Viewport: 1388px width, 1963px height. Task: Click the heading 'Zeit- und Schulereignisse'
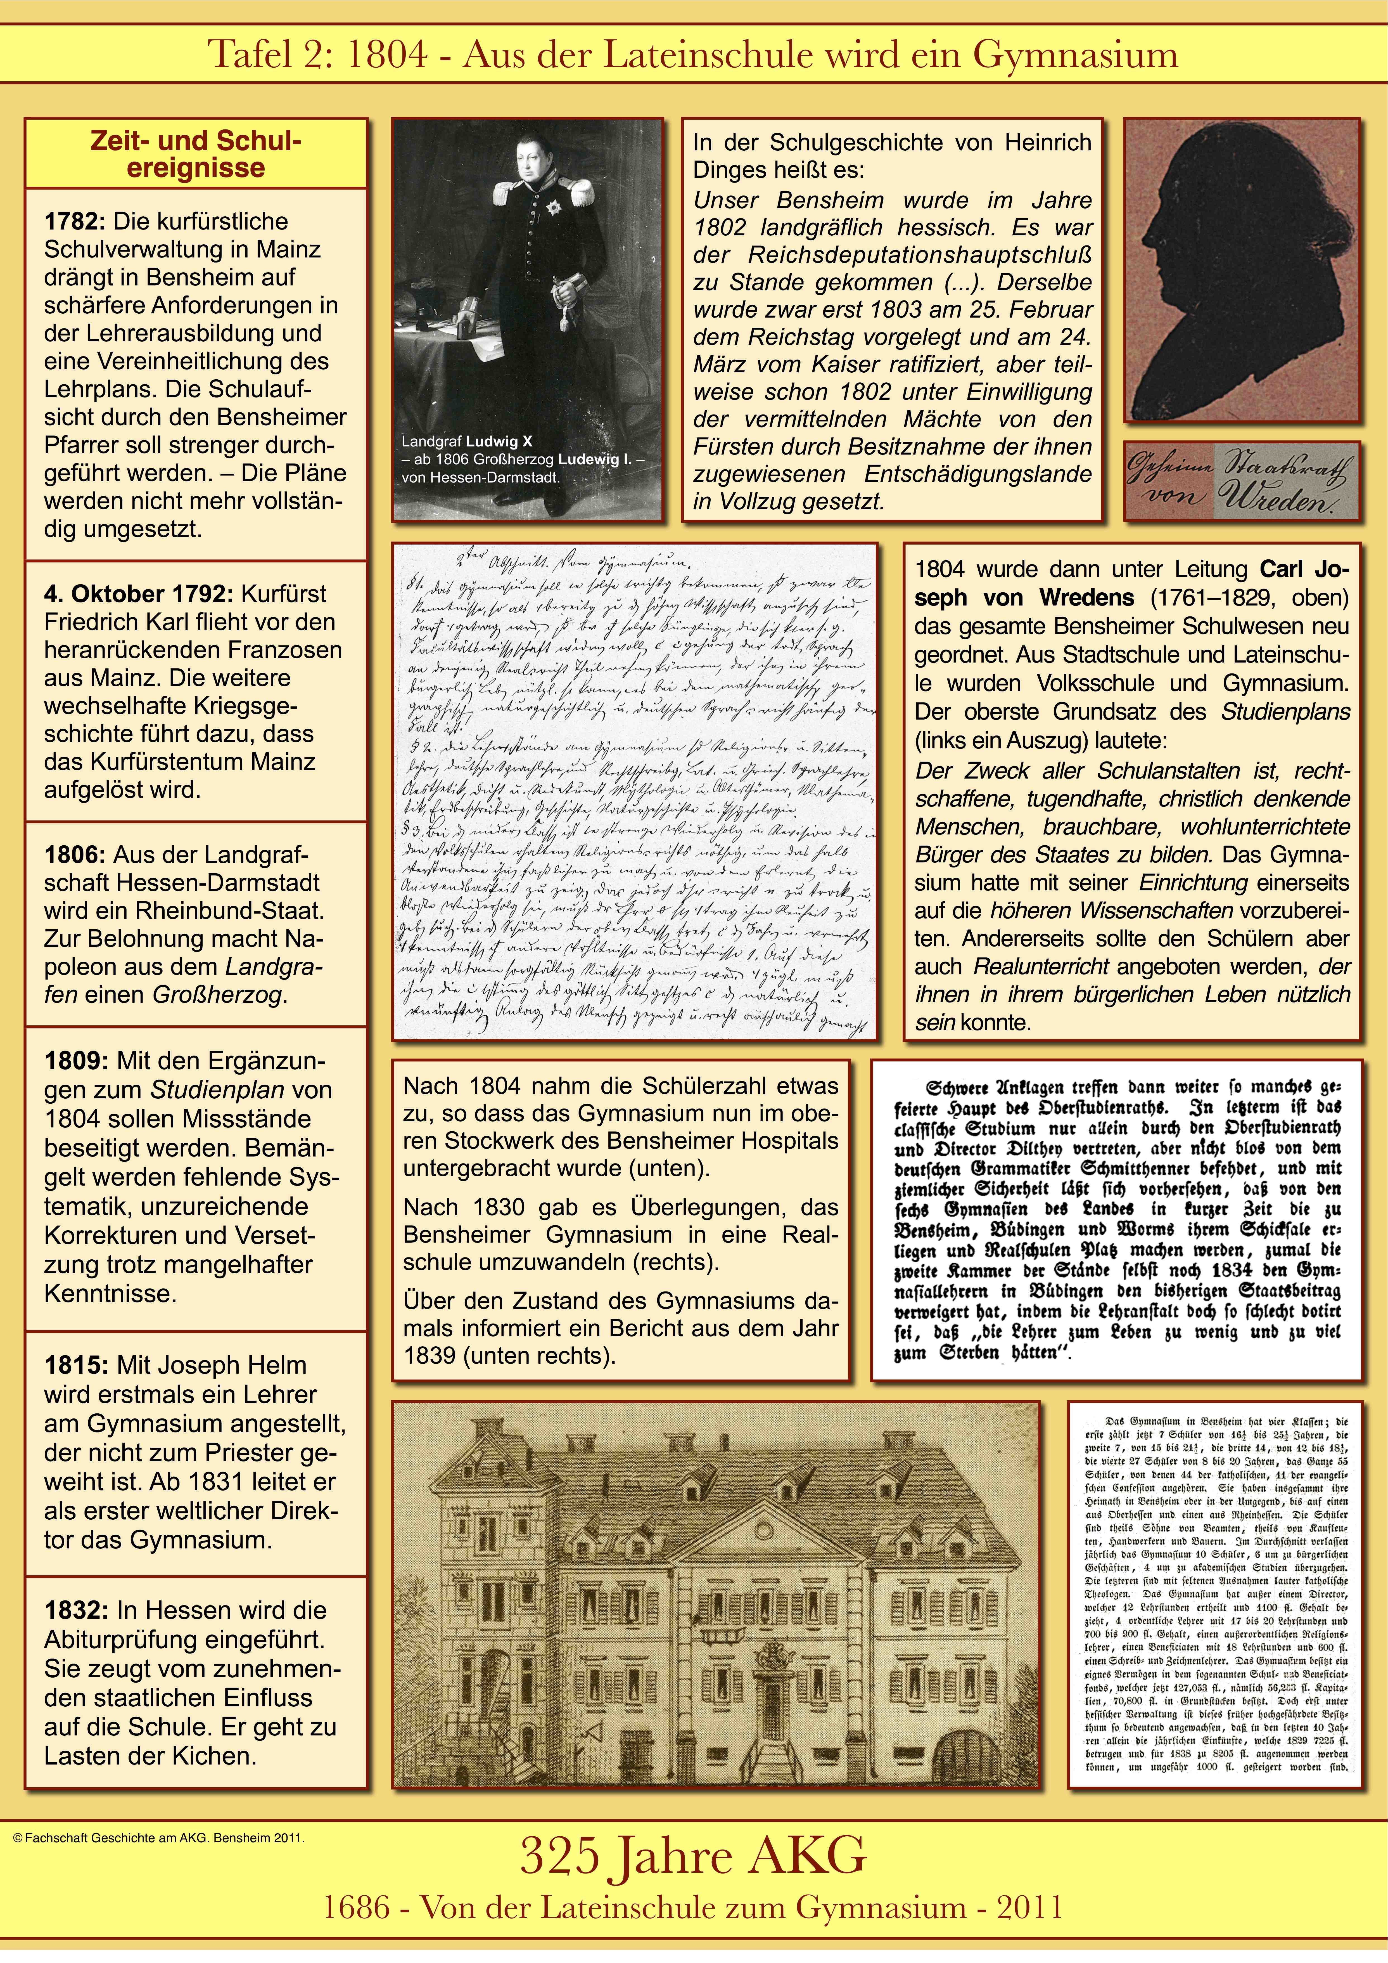tap(196, 154)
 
